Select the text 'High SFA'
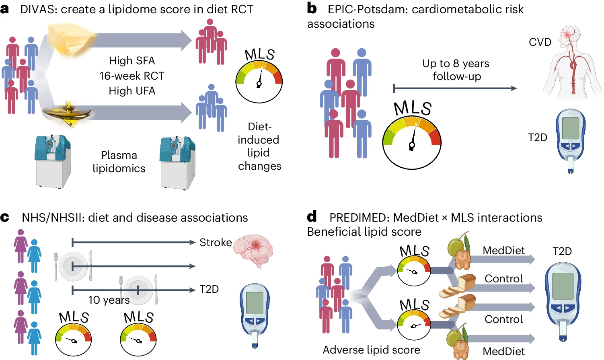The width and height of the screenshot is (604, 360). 132,61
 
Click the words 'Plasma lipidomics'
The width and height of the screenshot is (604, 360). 119,162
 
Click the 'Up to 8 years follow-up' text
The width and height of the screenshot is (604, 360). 456,70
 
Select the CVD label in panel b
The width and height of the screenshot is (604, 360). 540,42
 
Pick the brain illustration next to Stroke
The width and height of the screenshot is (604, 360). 253,250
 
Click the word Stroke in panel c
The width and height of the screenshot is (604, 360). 216,243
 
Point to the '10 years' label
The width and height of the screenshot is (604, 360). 109,300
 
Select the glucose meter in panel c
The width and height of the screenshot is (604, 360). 255,314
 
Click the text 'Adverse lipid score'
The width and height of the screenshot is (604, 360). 371,350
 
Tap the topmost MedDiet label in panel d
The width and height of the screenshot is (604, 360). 503,251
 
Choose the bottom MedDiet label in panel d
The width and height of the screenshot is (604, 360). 503,351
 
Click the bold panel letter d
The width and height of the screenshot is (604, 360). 312,217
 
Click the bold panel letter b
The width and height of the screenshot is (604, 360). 312,8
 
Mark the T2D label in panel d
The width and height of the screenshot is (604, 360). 562,251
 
